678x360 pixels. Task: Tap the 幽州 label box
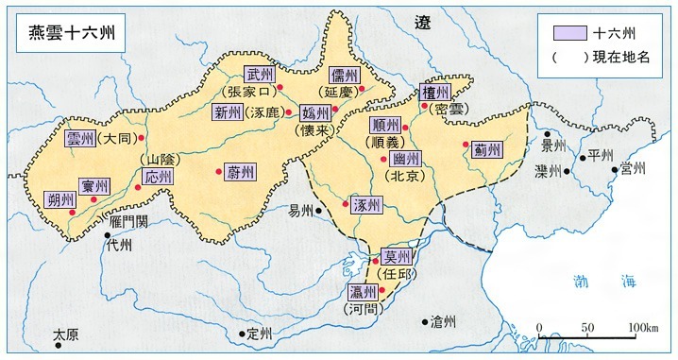(x=405, y=160)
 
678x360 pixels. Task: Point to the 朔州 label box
(x=59, y=200)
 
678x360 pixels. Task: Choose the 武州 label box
(x=258, y=75)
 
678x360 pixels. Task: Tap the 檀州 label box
(x=435, y=92)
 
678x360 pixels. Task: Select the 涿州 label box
(x=365, y=206)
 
